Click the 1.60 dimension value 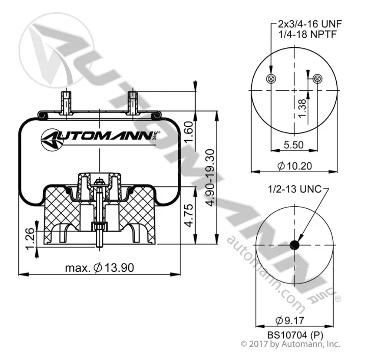(189, 131)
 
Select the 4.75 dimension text (189, 215)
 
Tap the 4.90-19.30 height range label (210, 178)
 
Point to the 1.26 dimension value (30, 238)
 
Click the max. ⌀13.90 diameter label (99, 268)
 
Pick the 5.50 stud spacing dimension (293, 145)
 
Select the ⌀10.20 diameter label (294, 166)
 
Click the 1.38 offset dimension (302, 108)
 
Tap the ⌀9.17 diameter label (290, 320)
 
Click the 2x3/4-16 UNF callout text (310, 24)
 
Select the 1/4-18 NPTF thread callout (308, 34)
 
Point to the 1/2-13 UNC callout (294, 189)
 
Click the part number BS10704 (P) (295, 335)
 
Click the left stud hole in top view (271, 78)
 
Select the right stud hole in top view (317, 78)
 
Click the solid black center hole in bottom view (294, 245)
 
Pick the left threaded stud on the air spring (66, 102)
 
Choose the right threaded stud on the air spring (132, 102)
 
